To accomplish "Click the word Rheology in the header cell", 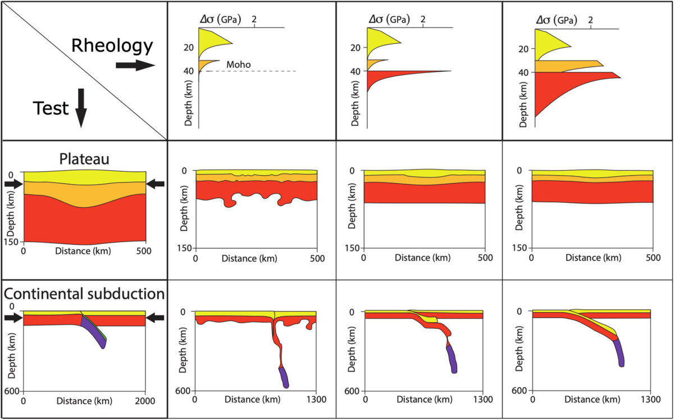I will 111,45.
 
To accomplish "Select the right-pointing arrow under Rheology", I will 135,66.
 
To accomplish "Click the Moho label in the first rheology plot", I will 238,65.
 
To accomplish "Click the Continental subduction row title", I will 84,294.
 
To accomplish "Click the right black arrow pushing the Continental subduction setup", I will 155,318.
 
